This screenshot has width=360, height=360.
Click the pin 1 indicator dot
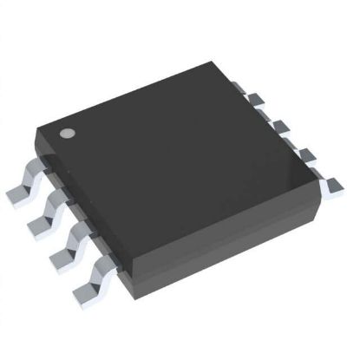67,135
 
